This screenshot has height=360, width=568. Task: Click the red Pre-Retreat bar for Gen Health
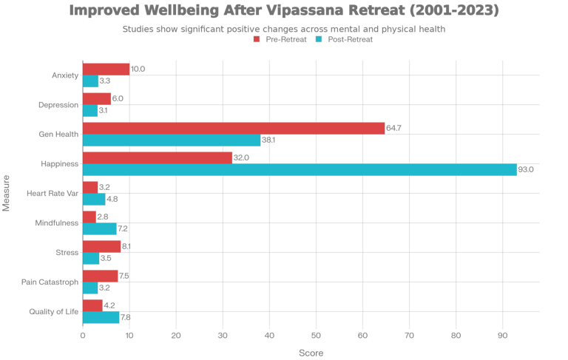tap(234, 128)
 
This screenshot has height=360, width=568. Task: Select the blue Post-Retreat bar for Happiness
tap(300, 169)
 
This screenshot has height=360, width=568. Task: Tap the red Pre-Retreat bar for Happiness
tap(158, 157)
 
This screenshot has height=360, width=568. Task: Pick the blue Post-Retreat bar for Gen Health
tap(172, 140)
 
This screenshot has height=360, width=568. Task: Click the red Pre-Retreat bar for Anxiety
tap(106, 69)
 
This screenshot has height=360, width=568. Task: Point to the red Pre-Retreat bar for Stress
tap(101, 246)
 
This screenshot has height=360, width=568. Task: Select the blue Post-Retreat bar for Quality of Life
tap(101, 317)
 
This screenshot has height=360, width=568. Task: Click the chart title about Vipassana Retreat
tap(284, 11)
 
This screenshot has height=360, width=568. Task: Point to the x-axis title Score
tap(311, 353)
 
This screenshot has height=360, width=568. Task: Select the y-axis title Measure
tap(7, 193)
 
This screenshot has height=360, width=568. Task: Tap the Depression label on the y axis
tap(58, 105)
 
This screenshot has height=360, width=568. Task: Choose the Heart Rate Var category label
tap(53, 194)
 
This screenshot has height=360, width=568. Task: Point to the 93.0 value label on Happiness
tap(526, 169)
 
